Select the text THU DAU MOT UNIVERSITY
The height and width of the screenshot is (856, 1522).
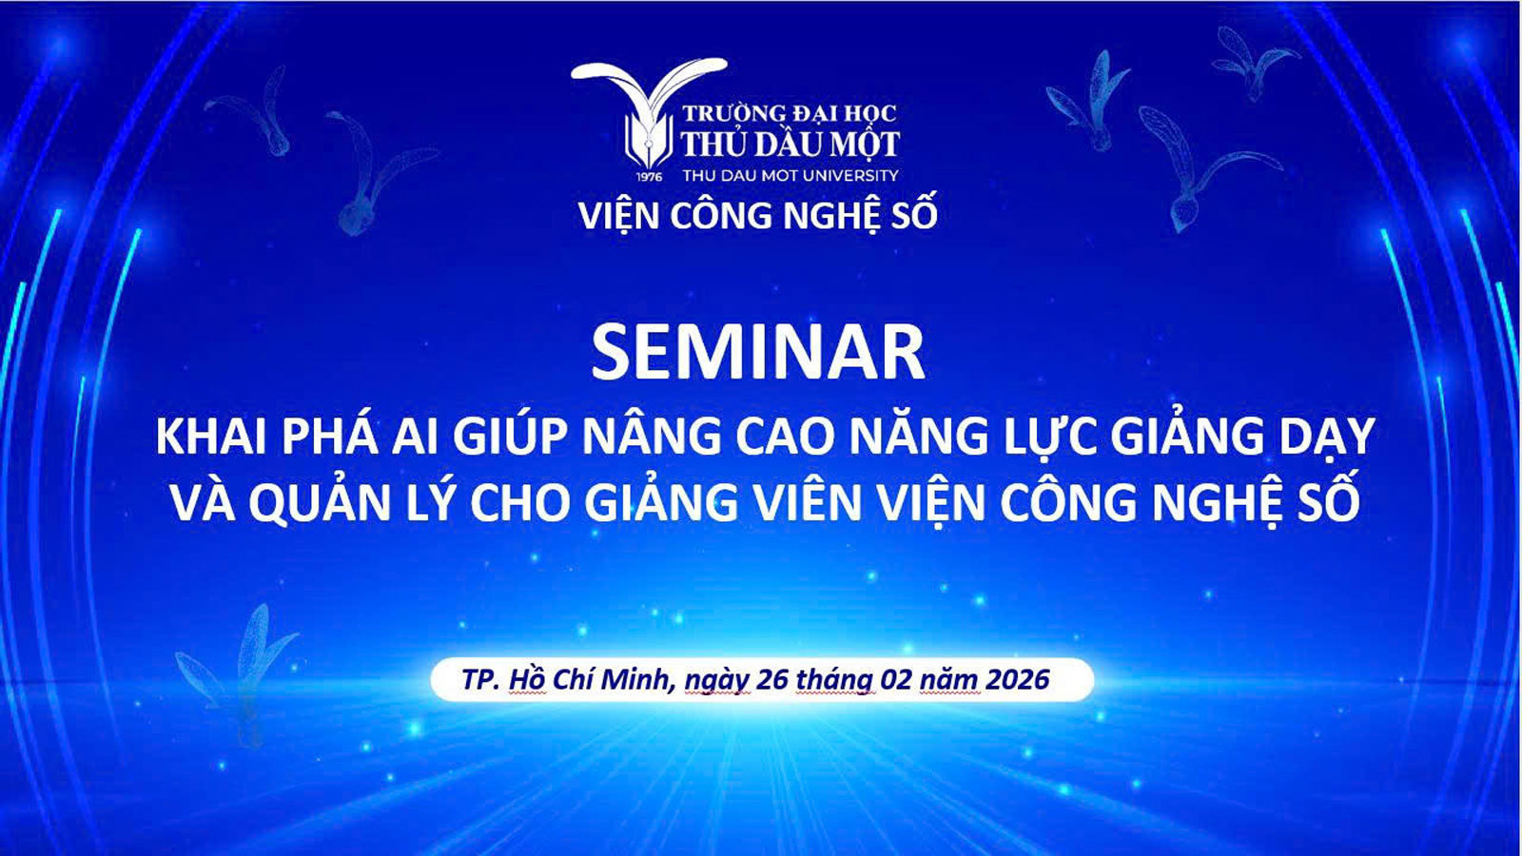[790, 175]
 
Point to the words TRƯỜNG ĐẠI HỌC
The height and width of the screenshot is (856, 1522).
[789, 113]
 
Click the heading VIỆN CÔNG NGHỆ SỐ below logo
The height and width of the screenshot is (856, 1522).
[758, 216]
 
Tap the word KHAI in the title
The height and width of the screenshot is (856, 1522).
[211, 438]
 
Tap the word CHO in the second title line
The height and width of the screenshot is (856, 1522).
[519, 504]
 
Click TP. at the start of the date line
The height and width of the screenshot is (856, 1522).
[480, 680]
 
